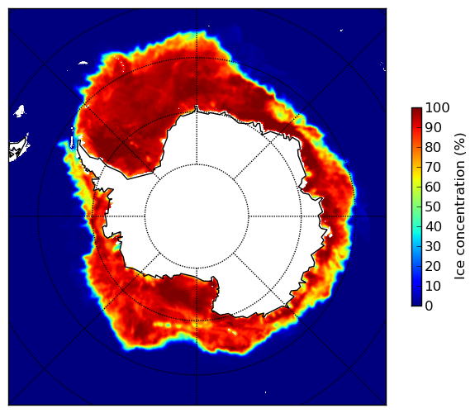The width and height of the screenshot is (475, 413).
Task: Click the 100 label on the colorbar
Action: tap(437, 107)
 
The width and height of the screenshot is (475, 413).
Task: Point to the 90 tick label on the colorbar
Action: tap(433, 127)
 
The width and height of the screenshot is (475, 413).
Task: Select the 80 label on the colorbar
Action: tap(433, 147)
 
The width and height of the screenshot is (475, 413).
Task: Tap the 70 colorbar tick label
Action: tap(433, 167)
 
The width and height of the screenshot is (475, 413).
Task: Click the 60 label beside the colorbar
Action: tap(433, 187)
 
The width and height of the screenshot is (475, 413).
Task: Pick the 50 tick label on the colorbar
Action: tap(433, 206)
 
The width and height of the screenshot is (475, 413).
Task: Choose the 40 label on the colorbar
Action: tap(433, 226)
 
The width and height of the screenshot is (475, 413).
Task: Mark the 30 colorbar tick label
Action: tap(433, 246)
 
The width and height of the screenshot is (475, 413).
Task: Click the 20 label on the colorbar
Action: tap(433, 266)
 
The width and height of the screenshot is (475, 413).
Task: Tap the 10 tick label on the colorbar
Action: tap(433, 286)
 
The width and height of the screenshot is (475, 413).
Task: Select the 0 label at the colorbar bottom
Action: tap(430, 306)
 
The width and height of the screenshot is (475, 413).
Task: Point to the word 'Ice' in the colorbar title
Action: tap(459, 272)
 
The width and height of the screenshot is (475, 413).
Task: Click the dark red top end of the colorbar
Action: tap(416, 110)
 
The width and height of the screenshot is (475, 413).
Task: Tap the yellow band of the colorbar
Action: tap(416, 178)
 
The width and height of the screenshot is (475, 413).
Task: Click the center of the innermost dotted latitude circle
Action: tap(197, 216)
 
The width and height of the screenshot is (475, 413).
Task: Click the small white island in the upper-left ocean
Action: tap(19, 111)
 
